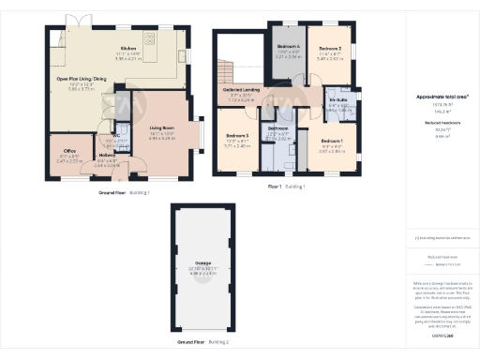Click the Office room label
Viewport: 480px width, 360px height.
(69, 151)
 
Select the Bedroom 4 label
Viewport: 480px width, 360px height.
(291, 47)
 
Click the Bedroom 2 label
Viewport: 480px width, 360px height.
(331, 48)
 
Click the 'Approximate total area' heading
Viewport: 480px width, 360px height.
(442, 97)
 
